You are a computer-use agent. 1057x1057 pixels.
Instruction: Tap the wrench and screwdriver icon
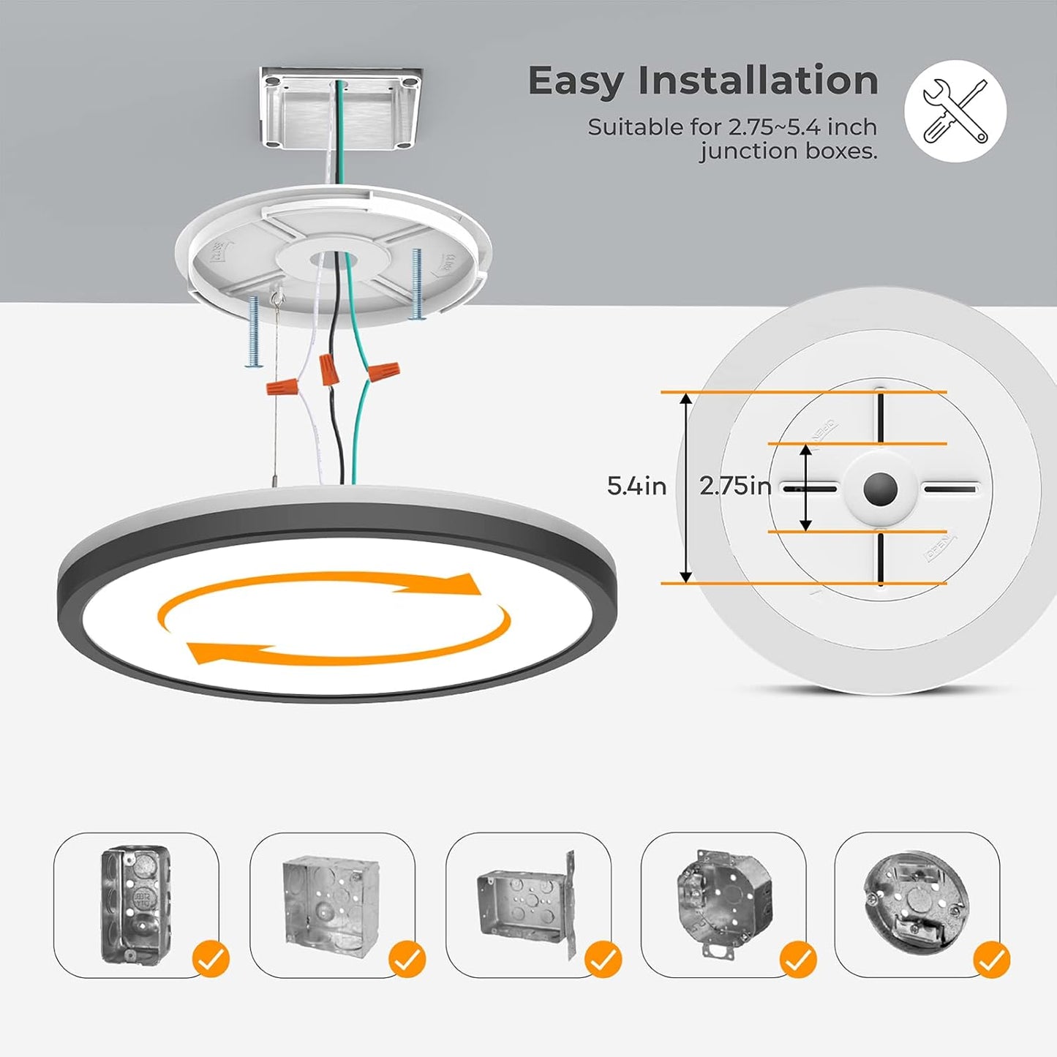pyautogui.click(x=955, y=111)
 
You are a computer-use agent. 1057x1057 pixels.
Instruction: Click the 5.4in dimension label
pyautogui.click(x=636, y=486)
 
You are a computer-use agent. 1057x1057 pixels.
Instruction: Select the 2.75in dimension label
pyautogui.click(x=734, y=486)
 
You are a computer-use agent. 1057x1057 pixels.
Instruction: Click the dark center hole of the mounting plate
pyautogui.click(x=879, y=489)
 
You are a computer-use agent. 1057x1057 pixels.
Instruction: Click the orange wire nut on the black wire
pyautogui.click(x=329, y=369)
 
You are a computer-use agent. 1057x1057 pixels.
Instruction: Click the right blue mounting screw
pyautogui.click(x=417, y=284)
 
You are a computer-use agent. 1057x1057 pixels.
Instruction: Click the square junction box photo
pyautogui.click(x=331, y=903)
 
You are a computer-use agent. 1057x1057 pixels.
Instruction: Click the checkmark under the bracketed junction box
pyautogui.click(x=603, y=959)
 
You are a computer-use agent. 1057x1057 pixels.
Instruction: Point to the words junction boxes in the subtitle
pyautogui.click(x=788, y=151)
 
